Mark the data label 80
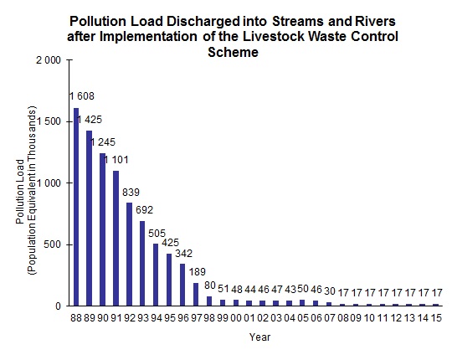click(209, 286)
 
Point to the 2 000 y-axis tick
click(49, 60)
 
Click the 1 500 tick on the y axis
click(49, 121)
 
